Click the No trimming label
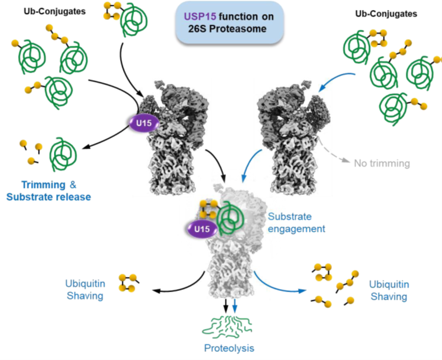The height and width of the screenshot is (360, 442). click(380, 163)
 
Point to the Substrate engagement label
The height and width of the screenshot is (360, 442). click(296, 222)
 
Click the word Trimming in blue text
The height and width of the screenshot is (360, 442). click(43, 185)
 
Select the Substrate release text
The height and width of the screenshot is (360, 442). click(49, 197)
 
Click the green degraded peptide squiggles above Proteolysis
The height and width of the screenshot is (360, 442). click(229, 329)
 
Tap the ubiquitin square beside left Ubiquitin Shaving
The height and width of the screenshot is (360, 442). click(126, 283)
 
